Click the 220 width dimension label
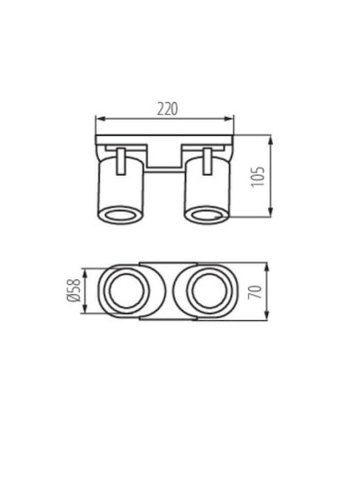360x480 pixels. tap(167, 109)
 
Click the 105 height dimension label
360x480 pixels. tap(257, 177)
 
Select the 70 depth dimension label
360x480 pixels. tap(255, 292)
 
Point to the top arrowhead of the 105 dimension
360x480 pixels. tap(270, 140)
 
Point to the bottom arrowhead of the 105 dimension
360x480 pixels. tap(270, 212)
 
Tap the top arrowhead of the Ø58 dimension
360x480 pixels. tap(85, 273)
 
